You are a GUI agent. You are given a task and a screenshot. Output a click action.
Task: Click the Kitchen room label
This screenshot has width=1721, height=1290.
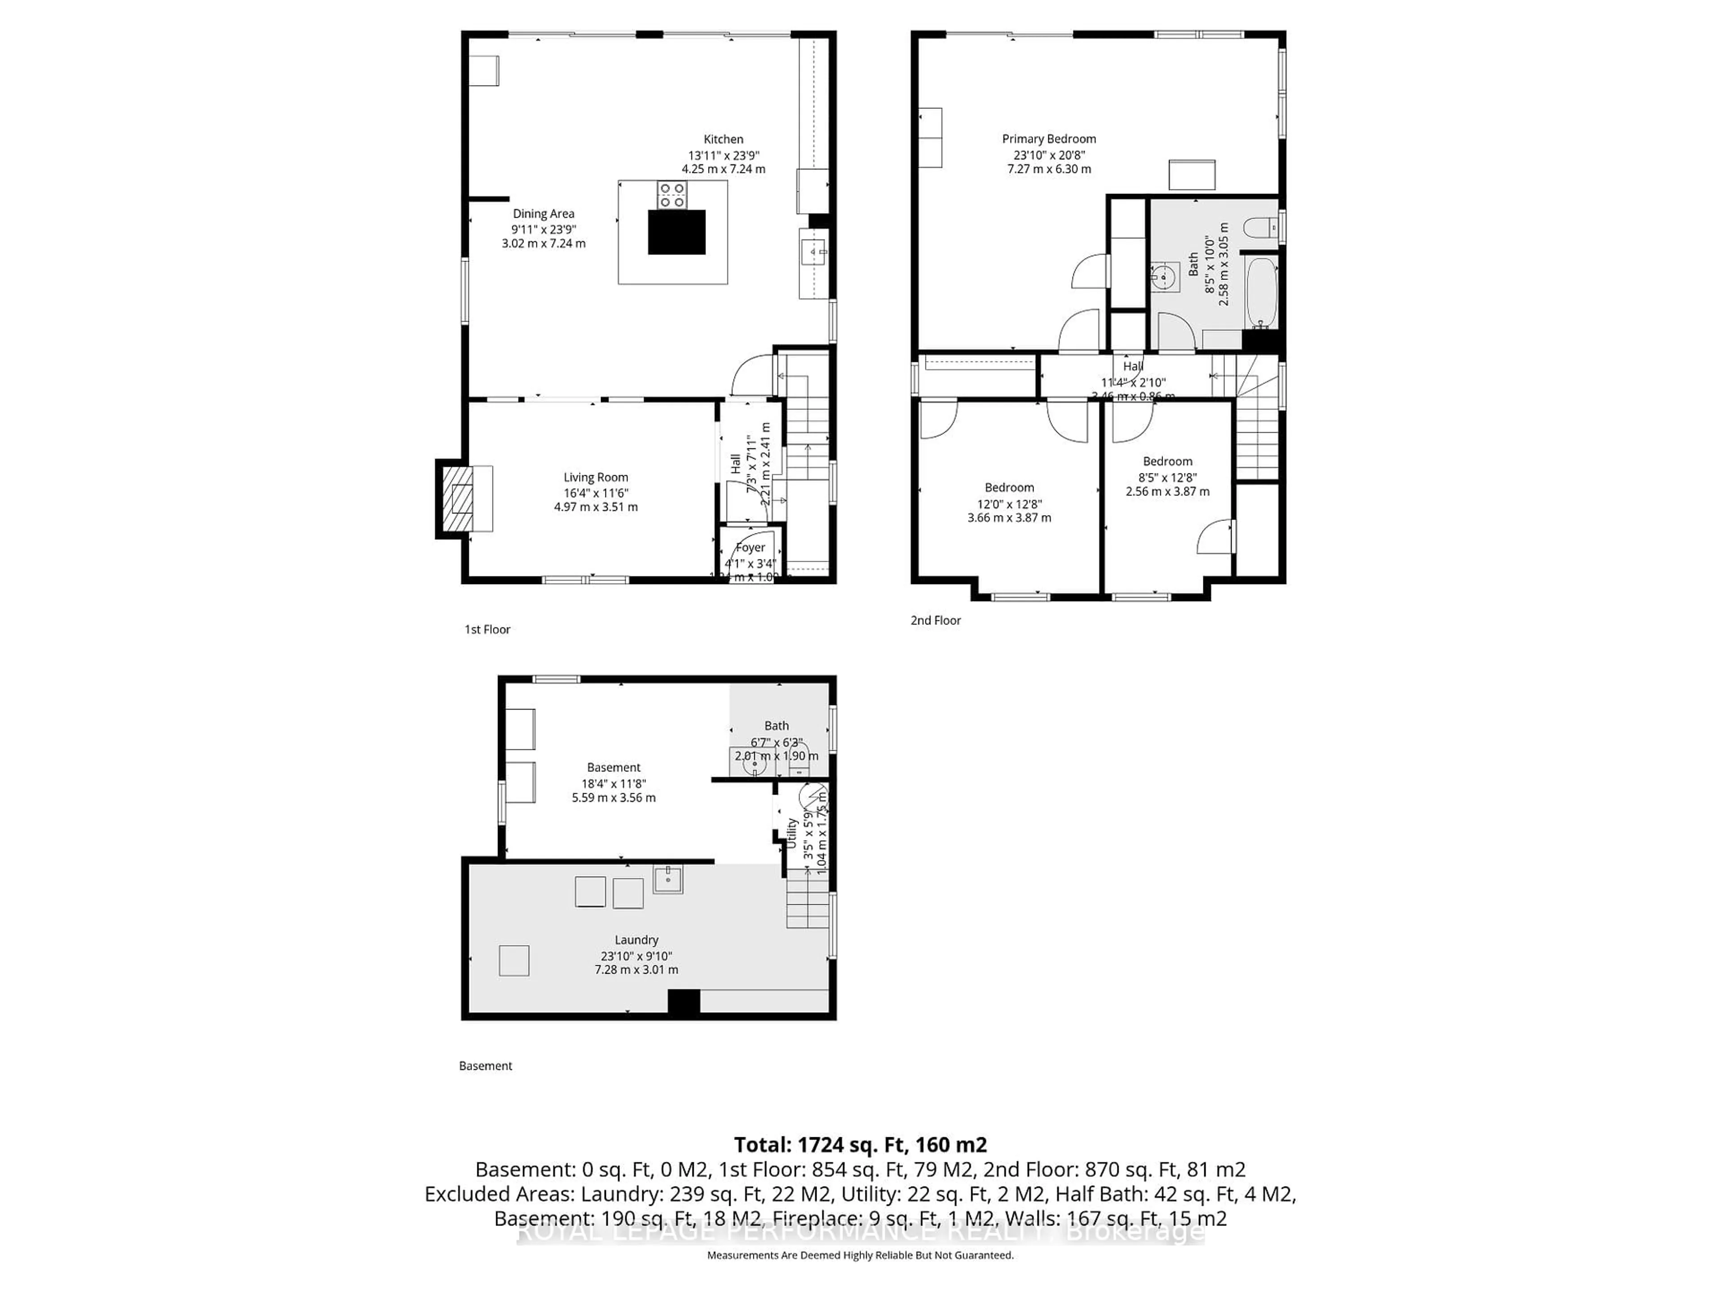tap(723, 140)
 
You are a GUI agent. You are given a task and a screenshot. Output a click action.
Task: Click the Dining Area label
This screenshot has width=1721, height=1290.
tap(543, 214)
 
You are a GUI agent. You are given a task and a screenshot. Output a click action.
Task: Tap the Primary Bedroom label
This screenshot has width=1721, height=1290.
tap(1049, 139)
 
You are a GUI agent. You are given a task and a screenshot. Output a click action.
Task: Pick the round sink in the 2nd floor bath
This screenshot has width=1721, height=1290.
tap(1165, 276)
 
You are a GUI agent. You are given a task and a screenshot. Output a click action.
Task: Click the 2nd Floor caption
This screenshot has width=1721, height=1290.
tap(935, 620)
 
